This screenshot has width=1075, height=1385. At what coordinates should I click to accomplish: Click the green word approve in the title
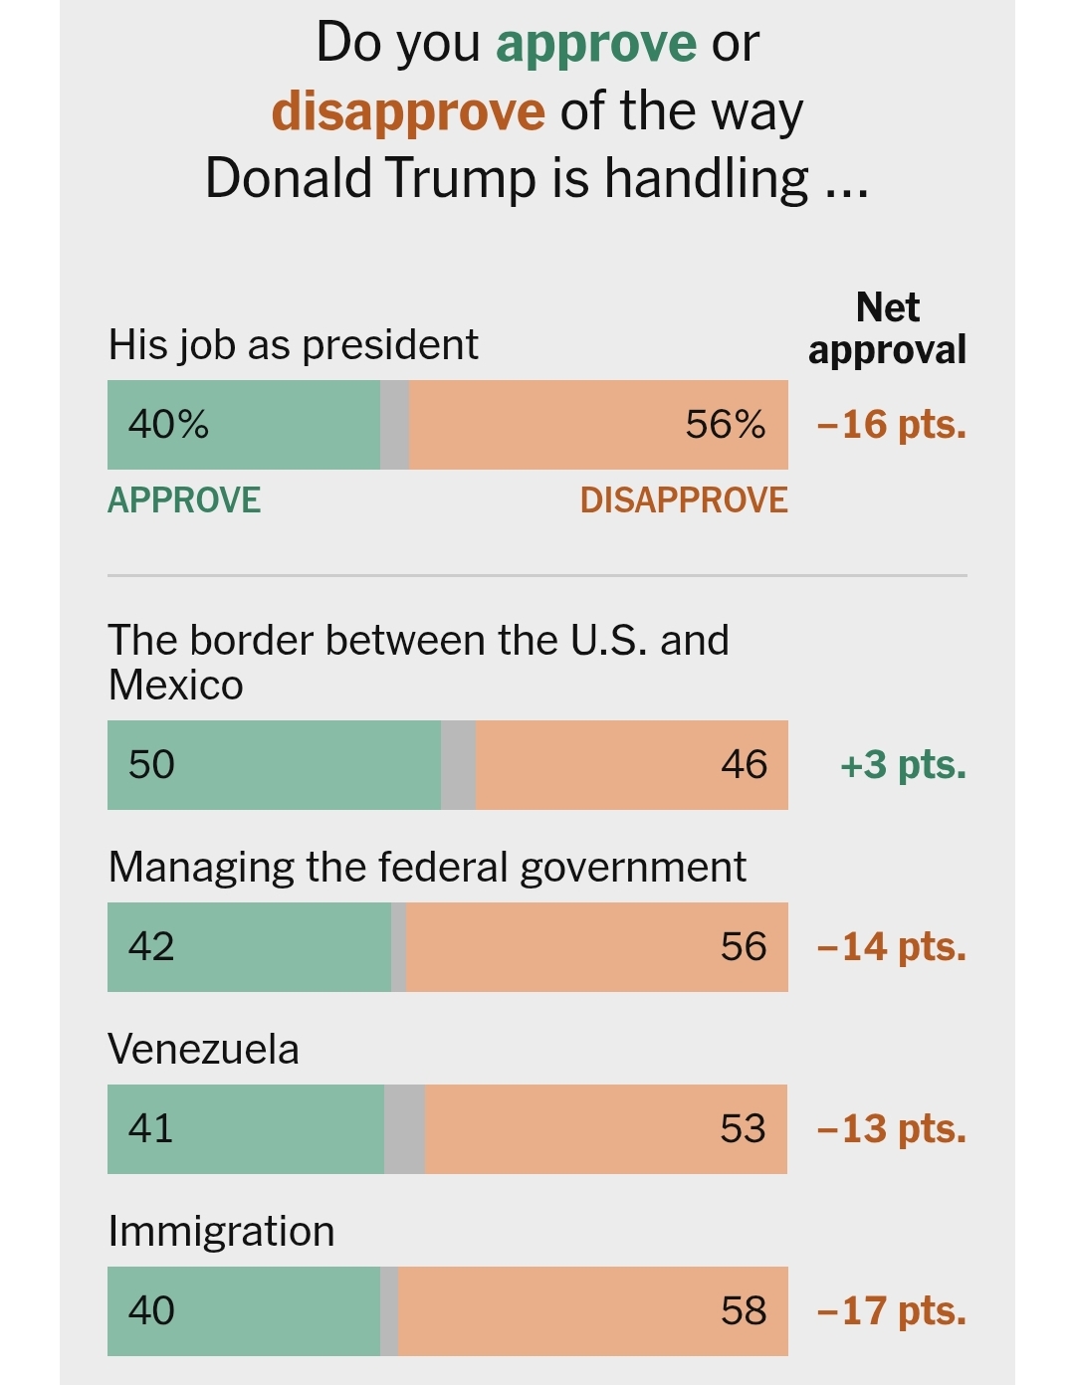[596, 45]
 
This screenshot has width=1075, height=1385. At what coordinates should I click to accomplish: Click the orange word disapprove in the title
[408, 111]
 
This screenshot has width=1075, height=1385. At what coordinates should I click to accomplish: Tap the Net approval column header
[887, 328]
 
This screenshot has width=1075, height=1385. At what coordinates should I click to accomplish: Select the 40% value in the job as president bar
[168, 425]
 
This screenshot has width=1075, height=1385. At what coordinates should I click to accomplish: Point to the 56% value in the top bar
[726, 425]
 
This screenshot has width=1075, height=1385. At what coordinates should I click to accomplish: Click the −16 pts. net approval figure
[891, 425]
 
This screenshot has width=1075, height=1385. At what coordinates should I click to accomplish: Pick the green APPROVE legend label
[184, 499]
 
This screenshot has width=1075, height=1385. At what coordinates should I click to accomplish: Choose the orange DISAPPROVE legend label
[684, 499]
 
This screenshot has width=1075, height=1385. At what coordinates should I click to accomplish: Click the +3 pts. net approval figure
[903, 765]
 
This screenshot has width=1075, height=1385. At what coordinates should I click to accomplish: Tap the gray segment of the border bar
[458, 765]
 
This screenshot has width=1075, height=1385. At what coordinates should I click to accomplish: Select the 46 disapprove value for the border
[745, 765]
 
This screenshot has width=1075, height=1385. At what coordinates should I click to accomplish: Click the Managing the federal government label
[427, 868]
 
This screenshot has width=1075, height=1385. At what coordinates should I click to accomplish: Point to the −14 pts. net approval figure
[891, 947]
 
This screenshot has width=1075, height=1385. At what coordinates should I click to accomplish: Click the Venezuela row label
[203, 1050]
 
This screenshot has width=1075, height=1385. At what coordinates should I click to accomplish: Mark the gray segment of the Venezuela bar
[404, 1129]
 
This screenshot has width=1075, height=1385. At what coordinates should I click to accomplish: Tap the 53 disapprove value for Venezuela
[743, 1129]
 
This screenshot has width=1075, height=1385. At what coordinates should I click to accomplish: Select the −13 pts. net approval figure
[891, 1129]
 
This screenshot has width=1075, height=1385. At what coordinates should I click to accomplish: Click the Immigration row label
[221, 1232]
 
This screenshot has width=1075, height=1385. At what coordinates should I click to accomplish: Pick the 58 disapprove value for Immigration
[744, 1311]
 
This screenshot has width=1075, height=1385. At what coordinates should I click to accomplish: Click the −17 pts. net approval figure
[891, 1311]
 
